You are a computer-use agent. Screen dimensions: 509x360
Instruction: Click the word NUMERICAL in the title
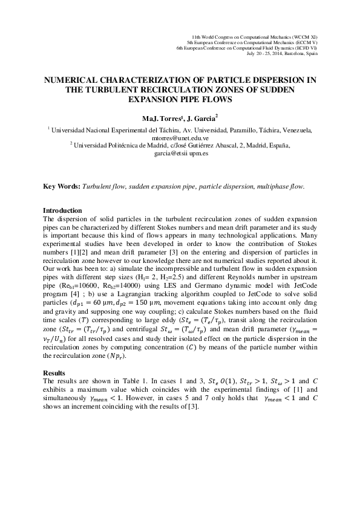pyautogui.click(x=71, y=80)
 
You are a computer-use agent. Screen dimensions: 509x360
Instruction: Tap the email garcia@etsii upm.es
pyautogui.click(x=180, y=154)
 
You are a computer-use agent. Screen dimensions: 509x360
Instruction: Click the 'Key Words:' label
pyautogui.click(x=62, y=186)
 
